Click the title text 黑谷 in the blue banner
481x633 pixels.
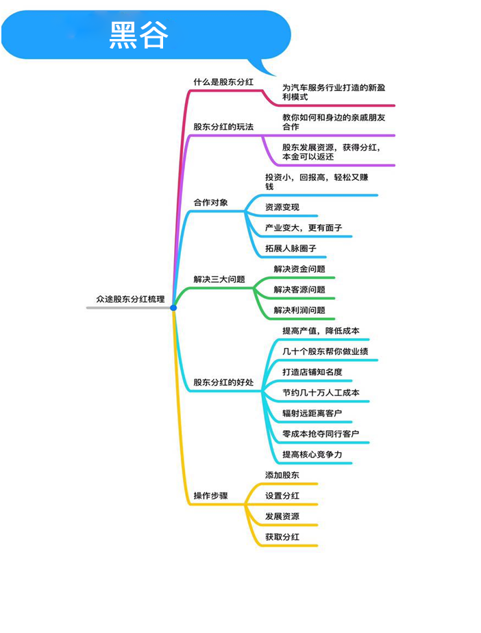click(138, 35)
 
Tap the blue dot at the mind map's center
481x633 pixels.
click(173, 308)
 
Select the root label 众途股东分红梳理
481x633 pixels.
click(130, 299)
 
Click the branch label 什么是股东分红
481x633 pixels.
click(223, 82)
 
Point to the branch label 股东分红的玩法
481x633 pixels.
click(223, 127)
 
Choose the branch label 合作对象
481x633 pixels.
click(210, 202)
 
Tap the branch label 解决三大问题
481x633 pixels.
click(219, 280)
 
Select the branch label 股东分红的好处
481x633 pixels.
click(223, 382)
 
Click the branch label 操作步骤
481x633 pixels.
click(210, 496)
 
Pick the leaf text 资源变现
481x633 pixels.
click(282, 207)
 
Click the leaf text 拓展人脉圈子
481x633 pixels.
click(291, 248)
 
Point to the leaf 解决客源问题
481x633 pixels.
click(299, 290)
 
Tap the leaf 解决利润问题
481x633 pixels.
click(299, 310)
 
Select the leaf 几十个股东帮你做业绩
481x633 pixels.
click(325, 351)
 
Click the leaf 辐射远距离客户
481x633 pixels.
click(312, 413)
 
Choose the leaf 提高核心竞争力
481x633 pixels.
click(312, 455)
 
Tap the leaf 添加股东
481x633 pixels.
click(282, 475)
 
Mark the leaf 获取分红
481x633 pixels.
click(282, 537)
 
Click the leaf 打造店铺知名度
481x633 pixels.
click(312, 372)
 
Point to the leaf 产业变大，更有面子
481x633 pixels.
click(304, 227)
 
